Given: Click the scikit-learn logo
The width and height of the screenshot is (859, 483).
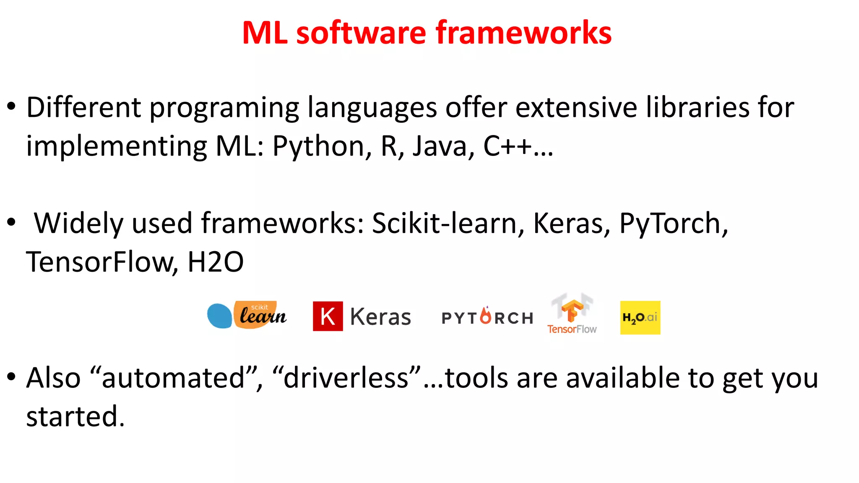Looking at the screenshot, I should point(247,315).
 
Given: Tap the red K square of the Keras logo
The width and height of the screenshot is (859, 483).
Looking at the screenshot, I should point(328,316).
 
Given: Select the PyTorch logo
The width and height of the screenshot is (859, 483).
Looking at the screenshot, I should point(487,317).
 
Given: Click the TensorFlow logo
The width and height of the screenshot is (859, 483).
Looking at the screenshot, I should point(572,314).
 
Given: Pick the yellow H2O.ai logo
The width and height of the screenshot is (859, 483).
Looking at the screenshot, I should point(640,317).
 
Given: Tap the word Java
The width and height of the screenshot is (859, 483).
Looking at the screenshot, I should point(443,146).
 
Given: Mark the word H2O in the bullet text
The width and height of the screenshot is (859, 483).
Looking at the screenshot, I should point(215,262).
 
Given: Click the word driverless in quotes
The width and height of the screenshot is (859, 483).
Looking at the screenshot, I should point(346,378).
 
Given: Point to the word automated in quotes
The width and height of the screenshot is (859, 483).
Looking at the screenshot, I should point(173,378).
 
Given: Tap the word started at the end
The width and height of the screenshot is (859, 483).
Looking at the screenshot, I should point(75,417).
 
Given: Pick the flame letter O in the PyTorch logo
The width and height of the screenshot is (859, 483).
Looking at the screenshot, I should point(486,316).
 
